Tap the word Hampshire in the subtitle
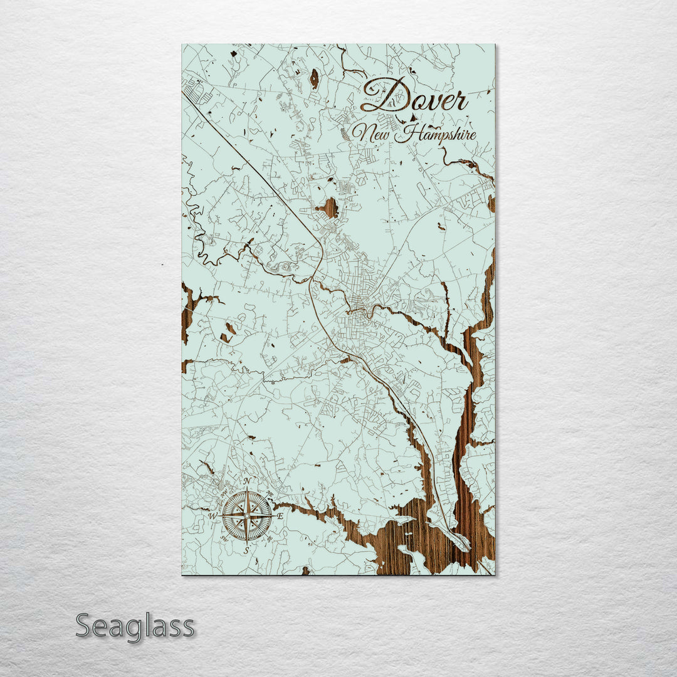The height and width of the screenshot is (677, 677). [x=439, y=134]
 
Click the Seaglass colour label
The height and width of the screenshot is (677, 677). [x=135, y=626]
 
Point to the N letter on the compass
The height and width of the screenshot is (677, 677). [x=247, y=481]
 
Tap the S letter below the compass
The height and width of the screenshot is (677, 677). [x=246, y=550]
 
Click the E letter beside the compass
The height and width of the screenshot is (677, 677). [x=280, y=516]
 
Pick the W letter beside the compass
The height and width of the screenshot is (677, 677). [x=213, y=516]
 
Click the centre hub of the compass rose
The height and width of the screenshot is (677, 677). [x=247, y=516]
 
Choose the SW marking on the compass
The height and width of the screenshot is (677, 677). [x=225, y=538]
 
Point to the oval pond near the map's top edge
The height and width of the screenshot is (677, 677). [x=313, y=78]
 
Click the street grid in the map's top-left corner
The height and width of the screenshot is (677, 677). [x=199, y=91]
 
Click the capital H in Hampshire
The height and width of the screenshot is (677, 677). [x=411, y=133]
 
